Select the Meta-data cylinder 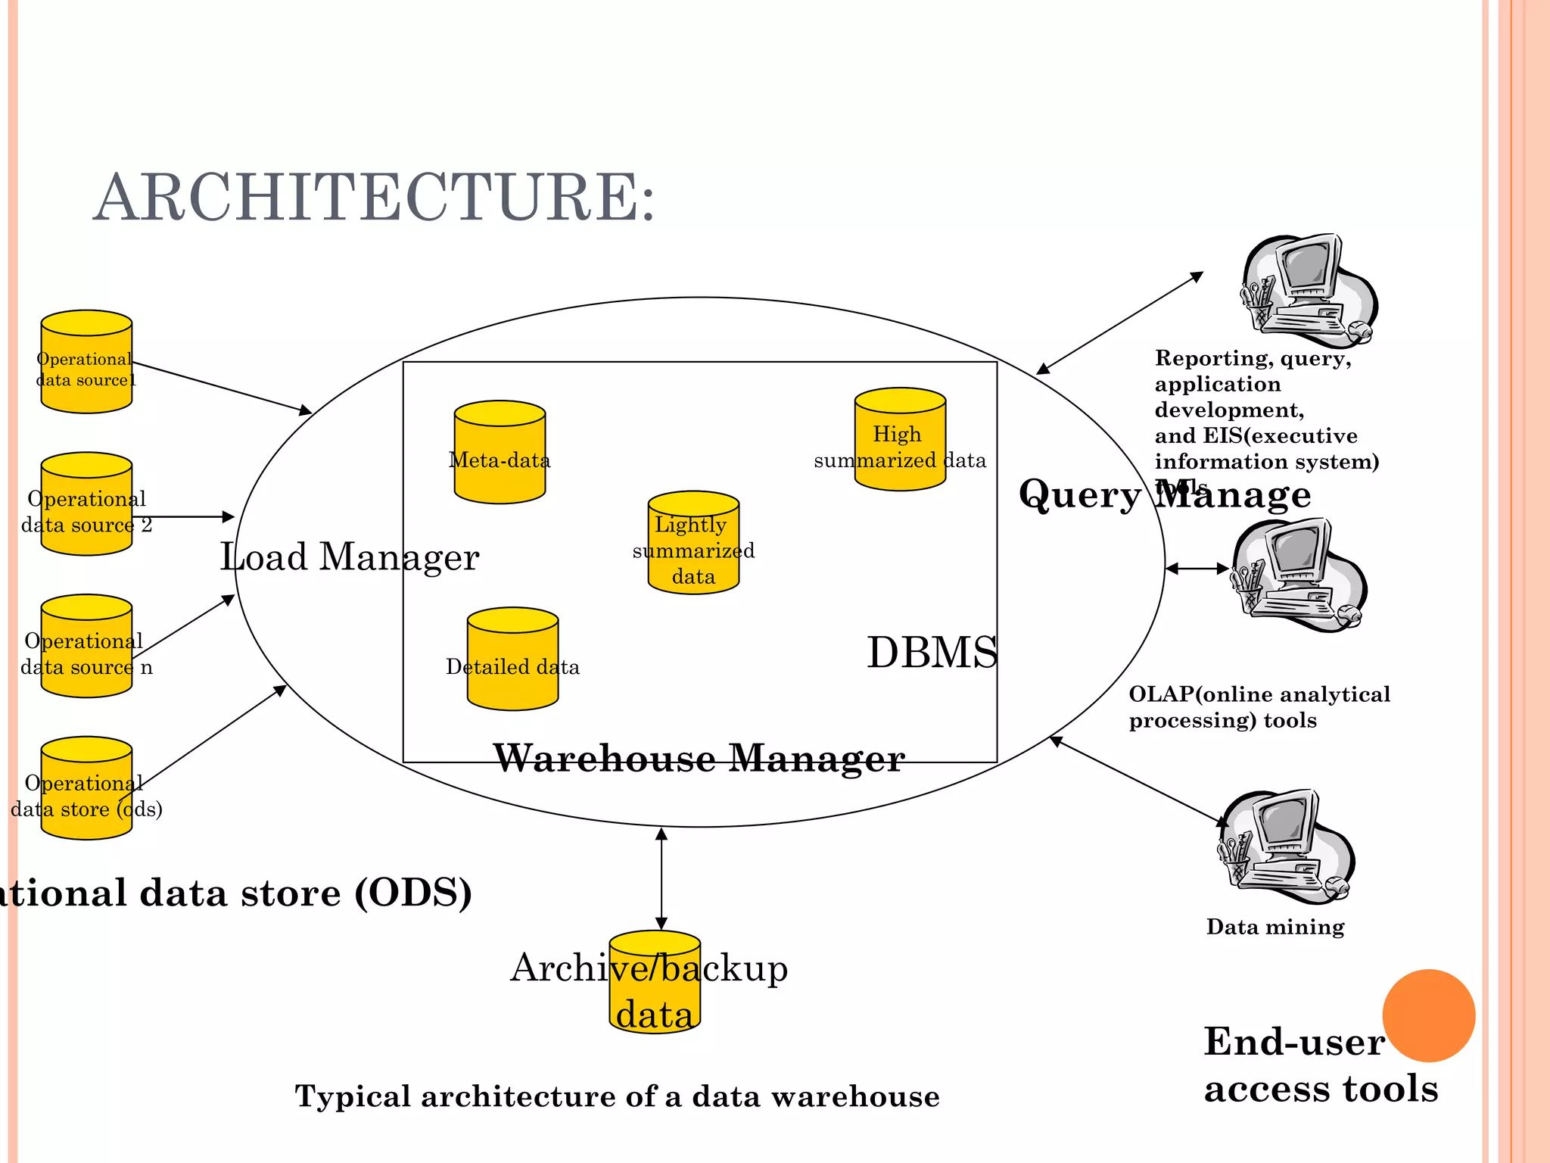[x=500, y=453]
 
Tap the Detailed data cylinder [x=512, y=659]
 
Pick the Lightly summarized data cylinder [x=693, y=543]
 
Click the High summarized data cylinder [x=900, y=440]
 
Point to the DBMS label [x=932, y=652]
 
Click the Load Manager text [x=349, y=557]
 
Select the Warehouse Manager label [x=699, y=758]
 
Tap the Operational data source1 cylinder [x=86, y=362]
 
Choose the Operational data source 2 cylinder [x=86, y=504]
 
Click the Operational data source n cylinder [x=86, y=646]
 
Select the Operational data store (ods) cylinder [x=86, y=788]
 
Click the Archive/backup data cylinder [x=655, y=983]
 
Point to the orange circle [x=1428, y=1015]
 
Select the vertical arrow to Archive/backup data [x=661, y=878]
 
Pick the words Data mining [x=1275, y=927]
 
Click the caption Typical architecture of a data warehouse [x=617, y=1096]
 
